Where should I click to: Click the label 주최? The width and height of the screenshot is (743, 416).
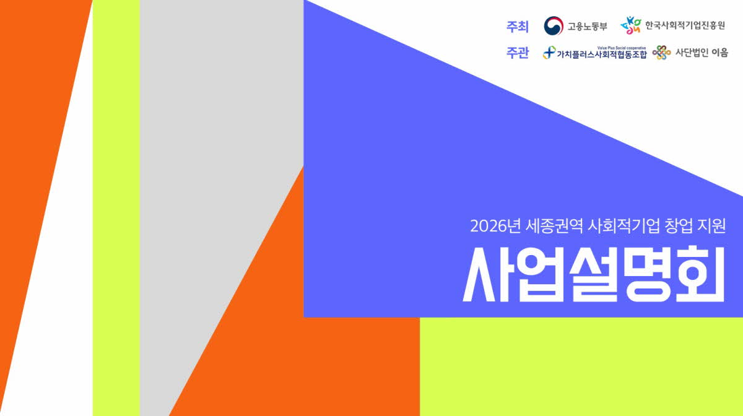(517, 27)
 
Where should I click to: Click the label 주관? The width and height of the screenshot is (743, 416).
(517, 53)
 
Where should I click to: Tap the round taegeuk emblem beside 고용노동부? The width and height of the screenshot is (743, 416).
(554, 25)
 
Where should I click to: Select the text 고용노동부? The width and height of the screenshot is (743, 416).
(587, 26)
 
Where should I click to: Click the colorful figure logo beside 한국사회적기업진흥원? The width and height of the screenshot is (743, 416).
(631, 25)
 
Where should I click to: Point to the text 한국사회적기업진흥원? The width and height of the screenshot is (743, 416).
(685, 25)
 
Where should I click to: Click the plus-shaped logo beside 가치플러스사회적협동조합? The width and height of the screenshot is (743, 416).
(549, 53)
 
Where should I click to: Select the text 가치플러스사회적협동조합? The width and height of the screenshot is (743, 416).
(602, 54)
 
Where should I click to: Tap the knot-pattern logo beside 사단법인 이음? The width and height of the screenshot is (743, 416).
(661, 53)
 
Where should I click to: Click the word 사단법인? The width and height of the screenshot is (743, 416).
(691, 53)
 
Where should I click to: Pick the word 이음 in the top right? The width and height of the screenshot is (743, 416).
(719, 53)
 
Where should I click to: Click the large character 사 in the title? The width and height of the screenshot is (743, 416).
(485, 275)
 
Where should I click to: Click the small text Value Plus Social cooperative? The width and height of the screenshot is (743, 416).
(621, 48)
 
